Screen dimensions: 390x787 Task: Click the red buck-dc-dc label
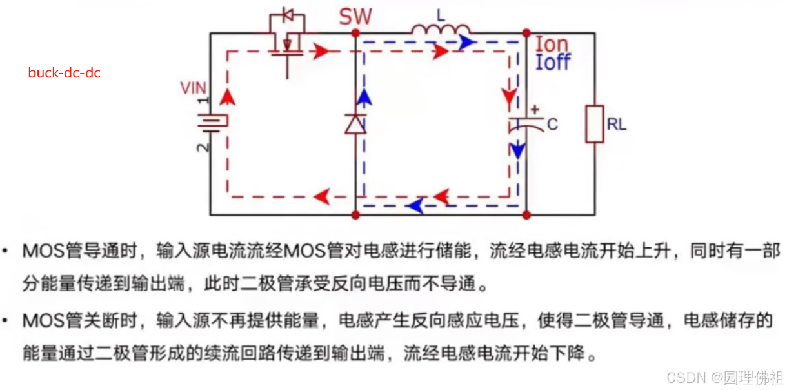point(64,72)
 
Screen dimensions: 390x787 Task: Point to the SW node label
point(356,16)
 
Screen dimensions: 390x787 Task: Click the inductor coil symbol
point(441,29)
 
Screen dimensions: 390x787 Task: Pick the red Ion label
point(552,45)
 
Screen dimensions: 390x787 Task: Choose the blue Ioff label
point(553,63)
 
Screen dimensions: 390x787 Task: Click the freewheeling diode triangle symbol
point(355,123)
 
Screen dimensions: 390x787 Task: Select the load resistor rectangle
point(594,123)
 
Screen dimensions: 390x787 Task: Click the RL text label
point(617,125)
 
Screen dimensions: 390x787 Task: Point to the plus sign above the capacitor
point(535,108)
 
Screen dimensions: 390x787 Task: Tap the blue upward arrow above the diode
point(364,97)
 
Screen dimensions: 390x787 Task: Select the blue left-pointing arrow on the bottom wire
point(416,206)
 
